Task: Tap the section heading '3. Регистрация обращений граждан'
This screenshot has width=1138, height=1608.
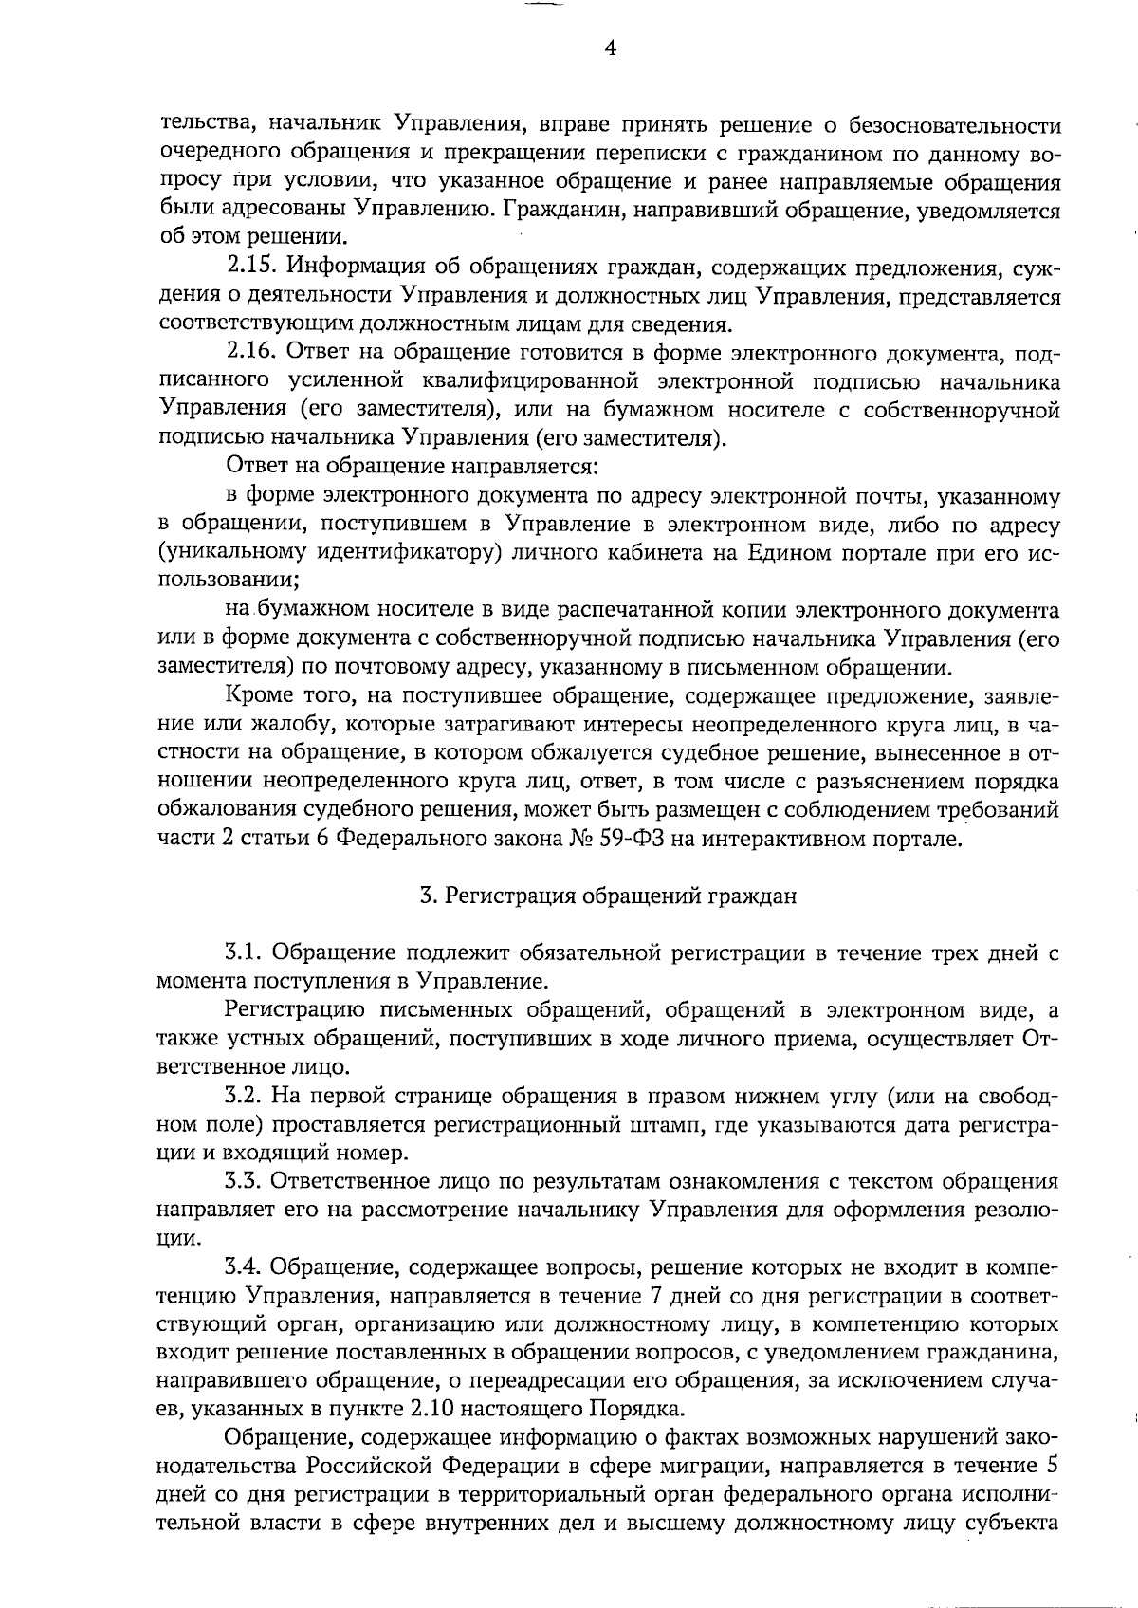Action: point(608,896)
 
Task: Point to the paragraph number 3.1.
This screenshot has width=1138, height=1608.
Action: point(248,952)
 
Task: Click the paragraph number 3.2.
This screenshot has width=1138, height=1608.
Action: point(248,1096)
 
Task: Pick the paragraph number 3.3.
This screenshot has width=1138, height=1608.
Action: point(248,1182)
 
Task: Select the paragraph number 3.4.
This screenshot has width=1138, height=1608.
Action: point(248,1267)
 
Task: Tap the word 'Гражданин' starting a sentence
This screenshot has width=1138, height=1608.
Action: point(560,211)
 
